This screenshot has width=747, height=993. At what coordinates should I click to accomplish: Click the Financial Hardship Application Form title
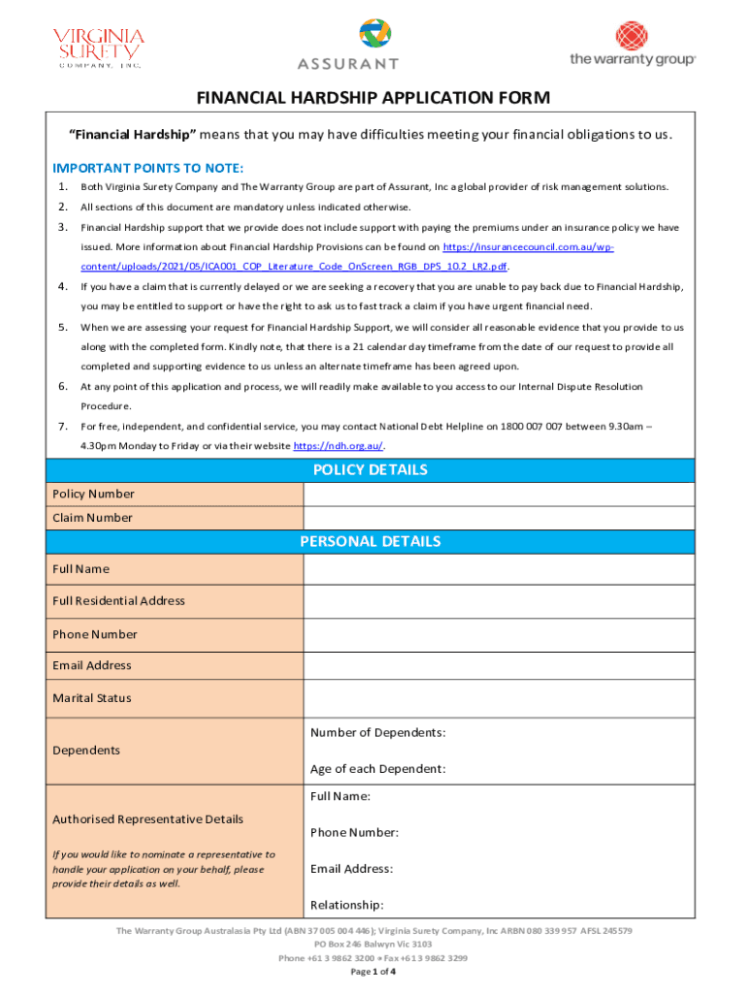pos(373,98)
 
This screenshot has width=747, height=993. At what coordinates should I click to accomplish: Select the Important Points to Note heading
pos(141,167)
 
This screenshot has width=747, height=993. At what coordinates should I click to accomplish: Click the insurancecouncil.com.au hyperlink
pos(528,247)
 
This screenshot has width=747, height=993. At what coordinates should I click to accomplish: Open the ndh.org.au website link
pos(338,446)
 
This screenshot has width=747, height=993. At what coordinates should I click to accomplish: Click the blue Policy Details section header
pos(370,470)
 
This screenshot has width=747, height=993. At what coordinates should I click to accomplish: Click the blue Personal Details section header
pos(370,541)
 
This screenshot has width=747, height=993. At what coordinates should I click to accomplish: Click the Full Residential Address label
pos(118,600)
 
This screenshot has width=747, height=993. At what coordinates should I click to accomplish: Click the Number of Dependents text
pos(377,732)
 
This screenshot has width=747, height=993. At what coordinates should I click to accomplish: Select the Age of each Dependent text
pos(377,769)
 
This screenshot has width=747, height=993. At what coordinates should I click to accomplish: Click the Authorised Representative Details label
pos(147,819)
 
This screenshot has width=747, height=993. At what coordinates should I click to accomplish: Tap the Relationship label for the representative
pos(346,905)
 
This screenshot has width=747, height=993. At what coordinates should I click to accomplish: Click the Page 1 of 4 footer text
pos(373,972)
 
